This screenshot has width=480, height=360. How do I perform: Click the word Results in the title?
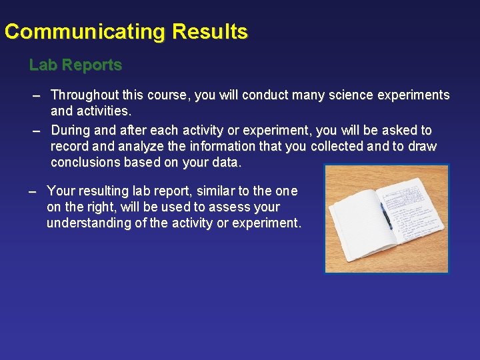coord(210,32)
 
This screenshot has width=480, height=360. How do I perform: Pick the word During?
coord(71,130)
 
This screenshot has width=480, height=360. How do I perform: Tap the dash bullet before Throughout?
coord(38,95)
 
